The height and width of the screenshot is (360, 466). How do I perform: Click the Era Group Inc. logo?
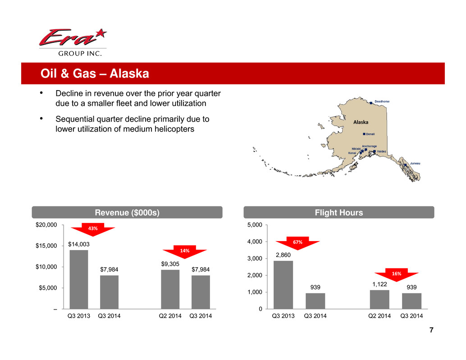(73, 42)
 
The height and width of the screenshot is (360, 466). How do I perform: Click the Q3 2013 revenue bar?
(79, 279)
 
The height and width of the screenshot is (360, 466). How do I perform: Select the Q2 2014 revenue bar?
(170, 289)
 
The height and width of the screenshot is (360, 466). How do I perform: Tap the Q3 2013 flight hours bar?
(283, 285)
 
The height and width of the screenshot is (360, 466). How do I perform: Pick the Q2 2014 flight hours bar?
(379, 300)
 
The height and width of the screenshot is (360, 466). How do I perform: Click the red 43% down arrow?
(93, 229)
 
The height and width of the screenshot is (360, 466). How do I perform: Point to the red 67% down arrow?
(297, 243)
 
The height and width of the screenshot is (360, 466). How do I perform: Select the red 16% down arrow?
(397, 274)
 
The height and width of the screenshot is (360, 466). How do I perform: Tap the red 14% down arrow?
(185, 251)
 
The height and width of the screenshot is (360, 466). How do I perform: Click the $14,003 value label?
(79, 244)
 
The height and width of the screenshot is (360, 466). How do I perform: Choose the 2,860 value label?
(283, 255)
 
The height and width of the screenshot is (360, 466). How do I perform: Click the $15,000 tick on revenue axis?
(46, 246)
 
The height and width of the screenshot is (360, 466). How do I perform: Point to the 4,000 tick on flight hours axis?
(255, 242)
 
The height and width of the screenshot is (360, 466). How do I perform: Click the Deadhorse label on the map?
(382, 101)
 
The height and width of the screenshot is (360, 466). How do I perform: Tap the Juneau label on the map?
(415, 164)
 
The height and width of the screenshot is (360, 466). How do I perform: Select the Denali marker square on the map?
(364, 134)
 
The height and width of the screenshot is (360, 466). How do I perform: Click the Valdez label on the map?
(382, 151)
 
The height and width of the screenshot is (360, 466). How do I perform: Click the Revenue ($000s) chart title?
(127, 212)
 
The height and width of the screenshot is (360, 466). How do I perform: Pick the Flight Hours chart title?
(339, 212)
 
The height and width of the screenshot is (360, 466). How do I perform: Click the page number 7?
(431, 330)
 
